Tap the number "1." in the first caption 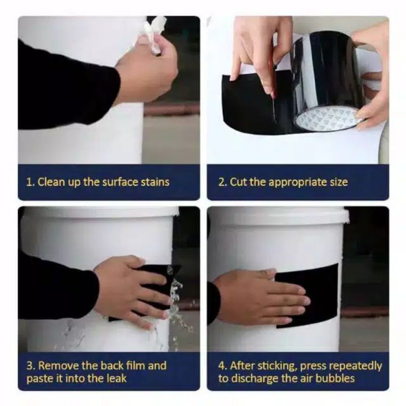pyautogui.click(x=30, y=182)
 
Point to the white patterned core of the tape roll pyautogui.click(x=327, y=118)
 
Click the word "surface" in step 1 pyautogui.click(x=120, y=182)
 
